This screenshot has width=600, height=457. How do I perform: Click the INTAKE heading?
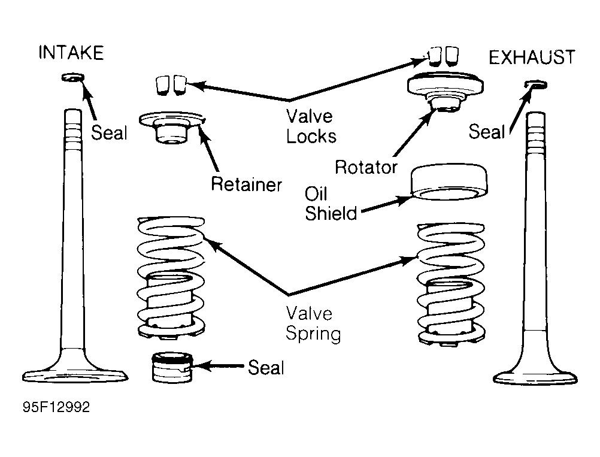pos(71,53)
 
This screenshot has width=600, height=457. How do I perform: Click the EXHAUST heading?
pos(532,57)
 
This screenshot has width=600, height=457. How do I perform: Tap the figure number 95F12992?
pos(57,408)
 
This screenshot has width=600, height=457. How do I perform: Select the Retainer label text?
pos(246,184)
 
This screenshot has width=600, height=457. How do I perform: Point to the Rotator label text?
pos(366,167)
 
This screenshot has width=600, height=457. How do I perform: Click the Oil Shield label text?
pos(331,204)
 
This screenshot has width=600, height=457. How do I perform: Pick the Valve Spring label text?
pos(313,323)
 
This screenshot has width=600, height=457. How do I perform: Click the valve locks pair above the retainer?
pos(169,85)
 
